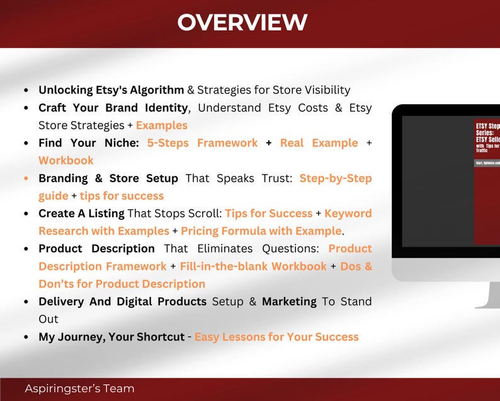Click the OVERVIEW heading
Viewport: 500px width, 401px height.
tap(242, 23)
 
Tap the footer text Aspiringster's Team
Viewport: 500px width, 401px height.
tap(79, 388)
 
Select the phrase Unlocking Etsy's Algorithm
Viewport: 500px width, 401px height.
tap(111, 90)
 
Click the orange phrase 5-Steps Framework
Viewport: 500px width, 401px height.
tap(202, 143)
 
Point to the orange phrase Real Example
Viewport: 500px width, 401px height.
tap(319, 143)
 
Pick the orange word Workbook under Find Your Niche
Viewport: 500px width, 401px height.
tap(66, 161)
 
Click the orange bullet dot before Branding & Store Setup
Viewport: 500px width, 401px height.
tap(26, 178)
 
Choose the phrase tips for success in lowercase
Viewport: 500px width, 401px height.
tap(122, 196)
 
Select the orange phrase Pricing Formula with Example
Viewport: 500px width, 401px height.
tap(261, 231)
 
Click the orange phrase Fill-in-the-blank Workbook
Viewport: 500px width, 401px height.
tap(253, 266)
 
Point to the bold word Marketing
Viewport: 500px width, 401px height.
tap(289, 301)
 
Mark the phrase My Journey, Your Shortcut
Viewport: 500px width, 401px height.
tap(111, 337)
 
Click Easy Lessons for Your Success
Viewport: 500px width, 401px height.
tap(276, 337)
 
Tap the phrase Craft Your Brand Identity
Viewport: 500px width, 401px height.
tap(113, 108)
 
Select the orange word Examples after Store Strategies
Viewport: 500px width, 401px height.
tap(162, 125)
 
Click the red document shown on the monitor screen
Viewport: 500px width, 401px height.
tap(486, 183)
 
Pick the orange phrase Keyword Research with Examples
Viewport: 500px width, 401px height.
tap(104, 231)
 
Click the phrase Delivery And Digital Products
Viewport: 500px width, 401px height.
tap(122, 301)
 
